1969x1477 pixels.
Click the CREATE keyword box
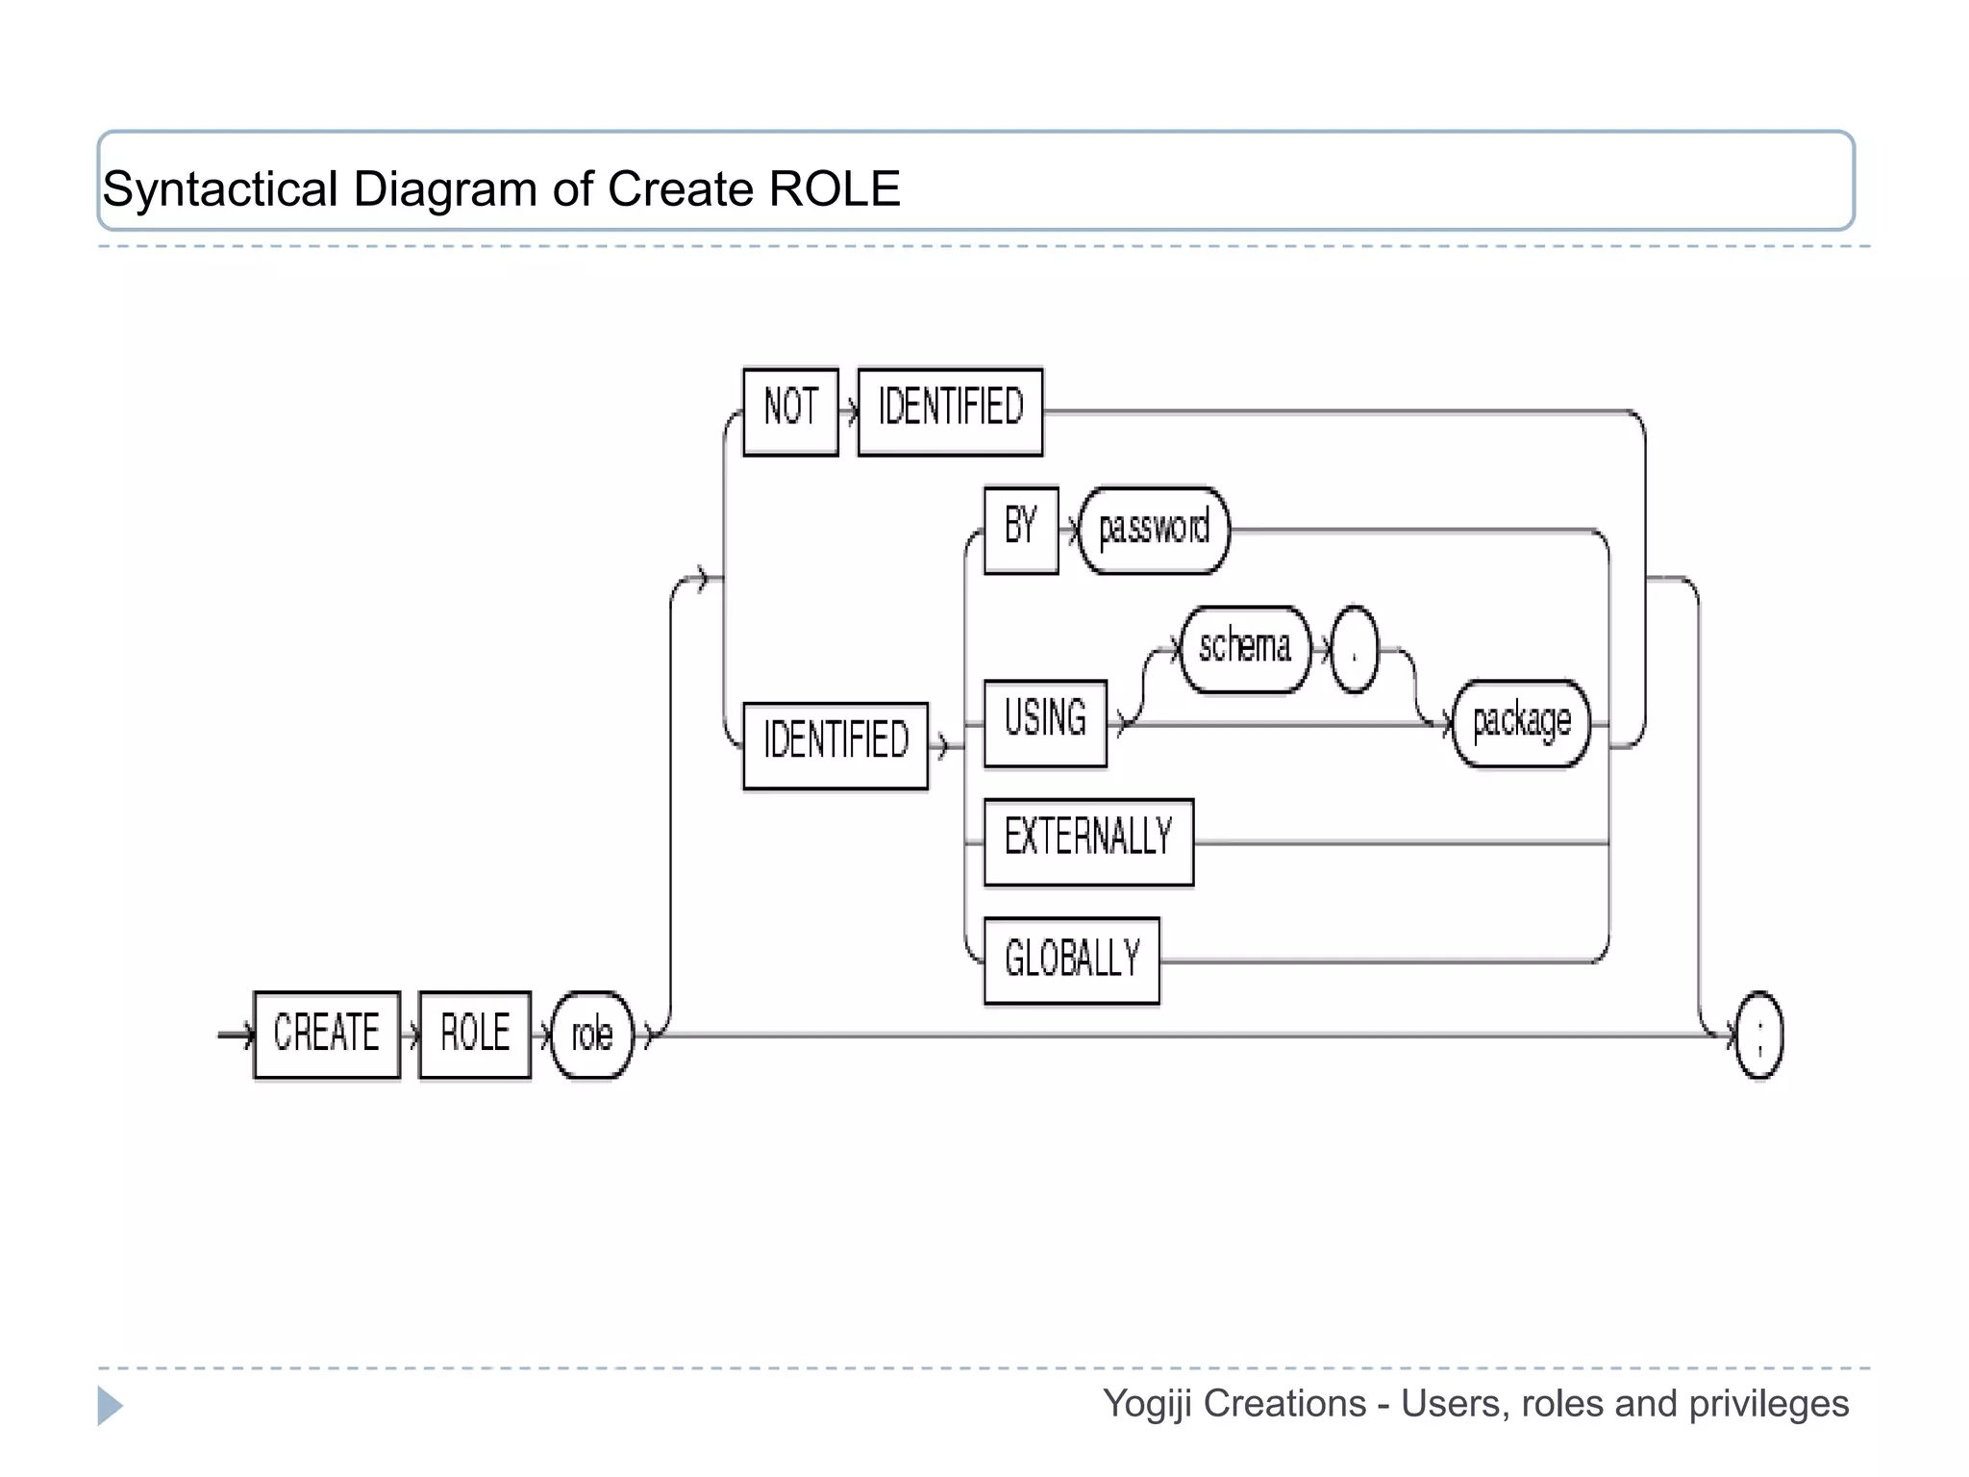coord(327,1035)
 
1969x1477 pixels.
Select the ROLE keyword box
coord(475,1035)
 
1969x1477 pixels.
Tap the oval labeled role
coord(592,1035)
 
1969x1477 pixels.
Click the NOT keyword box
coord(790,412)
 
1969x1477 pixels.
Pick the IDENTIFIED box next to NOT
coord(950,412)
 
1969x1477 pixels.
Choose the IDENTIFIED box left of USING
coord(835,745)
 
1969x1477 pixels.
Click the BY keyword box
coord(1021,530)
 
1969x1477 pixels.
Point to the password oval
coord(1154,530)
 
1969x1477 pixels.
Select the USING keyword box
coord(1045,723)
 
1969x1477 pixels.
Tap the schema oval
coord(1244,649)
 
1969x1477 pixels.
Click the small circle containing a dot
coord(1354,649)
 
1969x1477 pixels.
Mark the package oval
coord(1521,723)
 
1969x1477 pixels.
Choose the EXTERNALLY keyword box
coord(1088,841)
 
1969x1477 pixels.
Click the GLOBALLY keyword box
coord(1072,961)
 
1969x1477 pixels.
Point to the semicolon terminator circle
coord(1759,1035)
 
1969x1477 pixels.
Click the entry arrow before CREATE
coord(235,1035)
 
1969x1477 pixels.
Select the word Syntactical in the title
coord(219,188)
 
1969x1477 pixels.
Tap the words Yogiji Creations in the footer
coord(1234,1404)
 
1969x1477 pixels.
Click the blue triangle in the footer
coord(109,1406)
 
